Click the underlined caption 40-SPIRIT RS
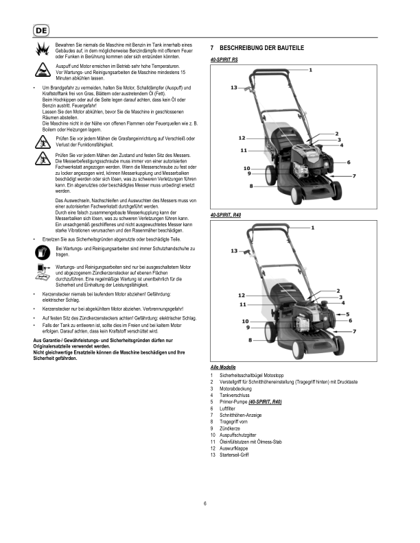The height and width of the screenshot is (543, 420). click(224, 60)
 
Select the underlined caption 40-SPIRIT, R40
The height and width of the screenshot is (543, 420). click(227, 215)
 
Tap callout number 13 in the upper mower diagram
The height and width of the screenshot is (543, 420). click(234, 88)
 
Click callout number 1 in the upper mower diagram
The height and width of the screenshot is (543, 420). click(311, 70)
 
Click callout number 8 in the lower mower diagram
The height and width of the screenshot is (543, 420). click(250, 340)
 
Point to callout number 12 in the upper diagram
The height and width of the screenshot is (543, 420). click(242, 138)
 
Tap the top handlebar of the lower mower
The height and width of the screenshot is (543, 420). click(275, 230)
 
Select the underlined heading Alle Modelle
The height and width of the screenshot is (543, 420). click(224, 368)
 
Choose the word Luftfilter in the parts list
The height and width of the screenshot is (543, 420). click(231, 409)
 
